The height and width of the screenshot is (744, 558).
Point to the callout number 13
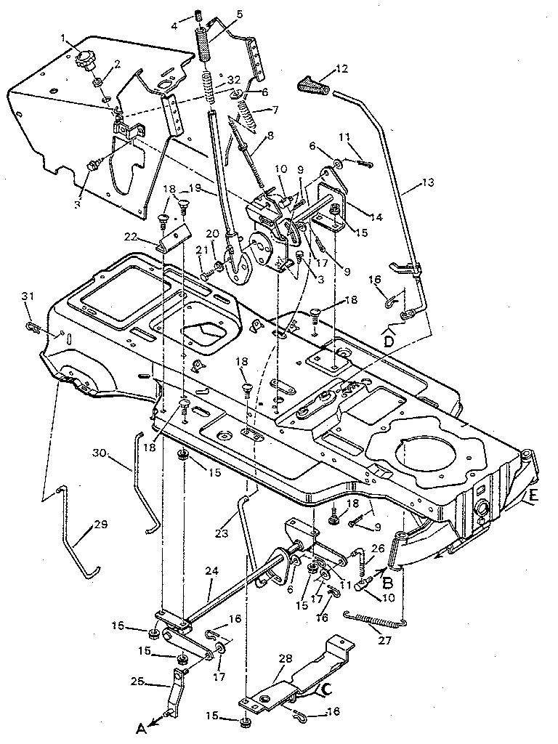(x=429, y=183)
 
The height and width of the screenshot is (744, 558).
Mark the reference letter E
(x=534, y=497)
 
